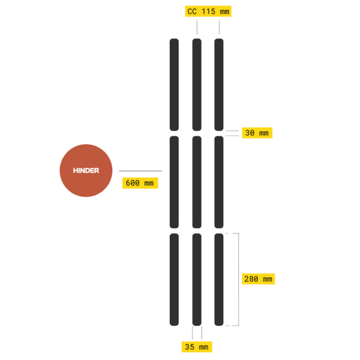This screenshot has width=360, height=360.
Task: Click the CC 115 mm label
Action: [207, 11]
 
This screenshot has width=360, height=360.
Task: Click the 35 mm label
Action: [197, 347]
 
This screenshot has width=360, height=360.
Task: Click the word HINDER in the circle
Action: [86, 170]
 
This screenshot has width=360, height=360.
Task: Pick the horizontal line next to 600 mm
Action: [140, 170]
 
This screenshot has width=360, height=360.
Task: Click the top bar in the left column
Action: [174, 84]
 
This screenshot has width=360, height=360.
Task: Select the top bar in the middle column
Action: [197, 84]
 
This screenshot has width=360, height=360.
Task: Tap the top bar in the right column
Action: [219, 84]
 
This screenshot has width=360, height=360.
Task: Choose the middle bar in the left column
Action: [174, 182]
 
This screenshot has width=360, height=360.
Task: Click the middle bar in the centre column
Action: [197, 182]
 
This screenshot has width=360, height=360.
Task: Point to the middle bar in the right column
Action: [219, 182]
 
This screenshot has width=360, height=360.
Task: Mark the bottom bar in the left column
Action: [174, 280]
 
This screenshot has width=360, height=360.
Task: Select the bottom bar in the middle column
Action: [197, 280]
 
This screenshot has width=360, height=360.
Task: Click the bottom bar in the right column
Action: [219, 280]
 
